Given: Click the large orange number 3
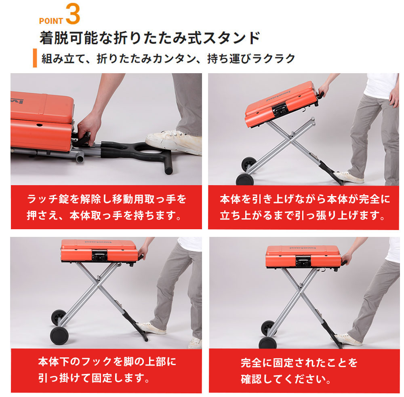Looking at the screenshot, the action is (x=73, y=14).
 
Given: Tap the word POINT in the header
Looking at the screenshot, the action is (x=51, y=21).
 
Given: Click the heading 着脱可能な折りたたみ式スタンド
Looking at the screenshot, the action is (x=150, y=38).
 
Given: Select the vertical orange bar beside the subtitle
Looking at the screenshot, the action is (x=35, y=58).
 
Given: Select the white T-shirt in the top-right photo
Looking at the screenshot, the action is (x=381, y=85).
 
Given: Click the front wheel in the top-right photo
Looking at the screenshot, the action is (x=244, y=179).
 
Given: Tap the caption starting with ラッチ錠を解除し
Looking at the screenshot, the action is (x=107, y=207).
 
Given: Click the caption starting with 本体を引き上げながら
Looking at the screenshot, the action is (x=305, y=207).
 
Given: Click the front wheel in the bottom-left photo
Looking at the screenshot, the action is (x=59, y=336).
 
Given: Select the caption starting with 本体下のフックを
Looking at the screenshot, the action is (x=107, y=370).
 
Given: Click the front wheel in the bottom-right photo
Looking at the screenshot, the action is (x=268, y=342).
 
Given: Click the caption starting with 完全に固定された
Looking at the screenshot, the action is (x=299, y=371).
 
